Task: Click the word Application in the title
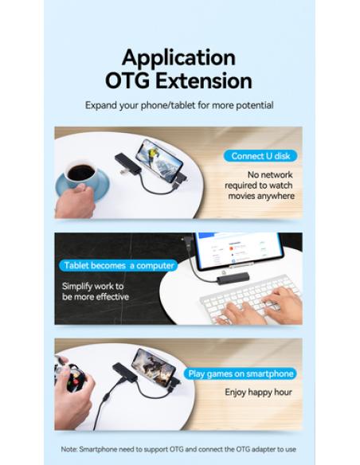179,58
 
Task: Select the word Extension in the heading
206,81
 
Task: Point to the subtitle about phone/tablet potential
179,105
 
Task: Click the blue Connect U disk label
258,156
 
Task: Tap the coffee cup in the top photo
80,174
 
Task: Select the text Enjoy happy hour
258,392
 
